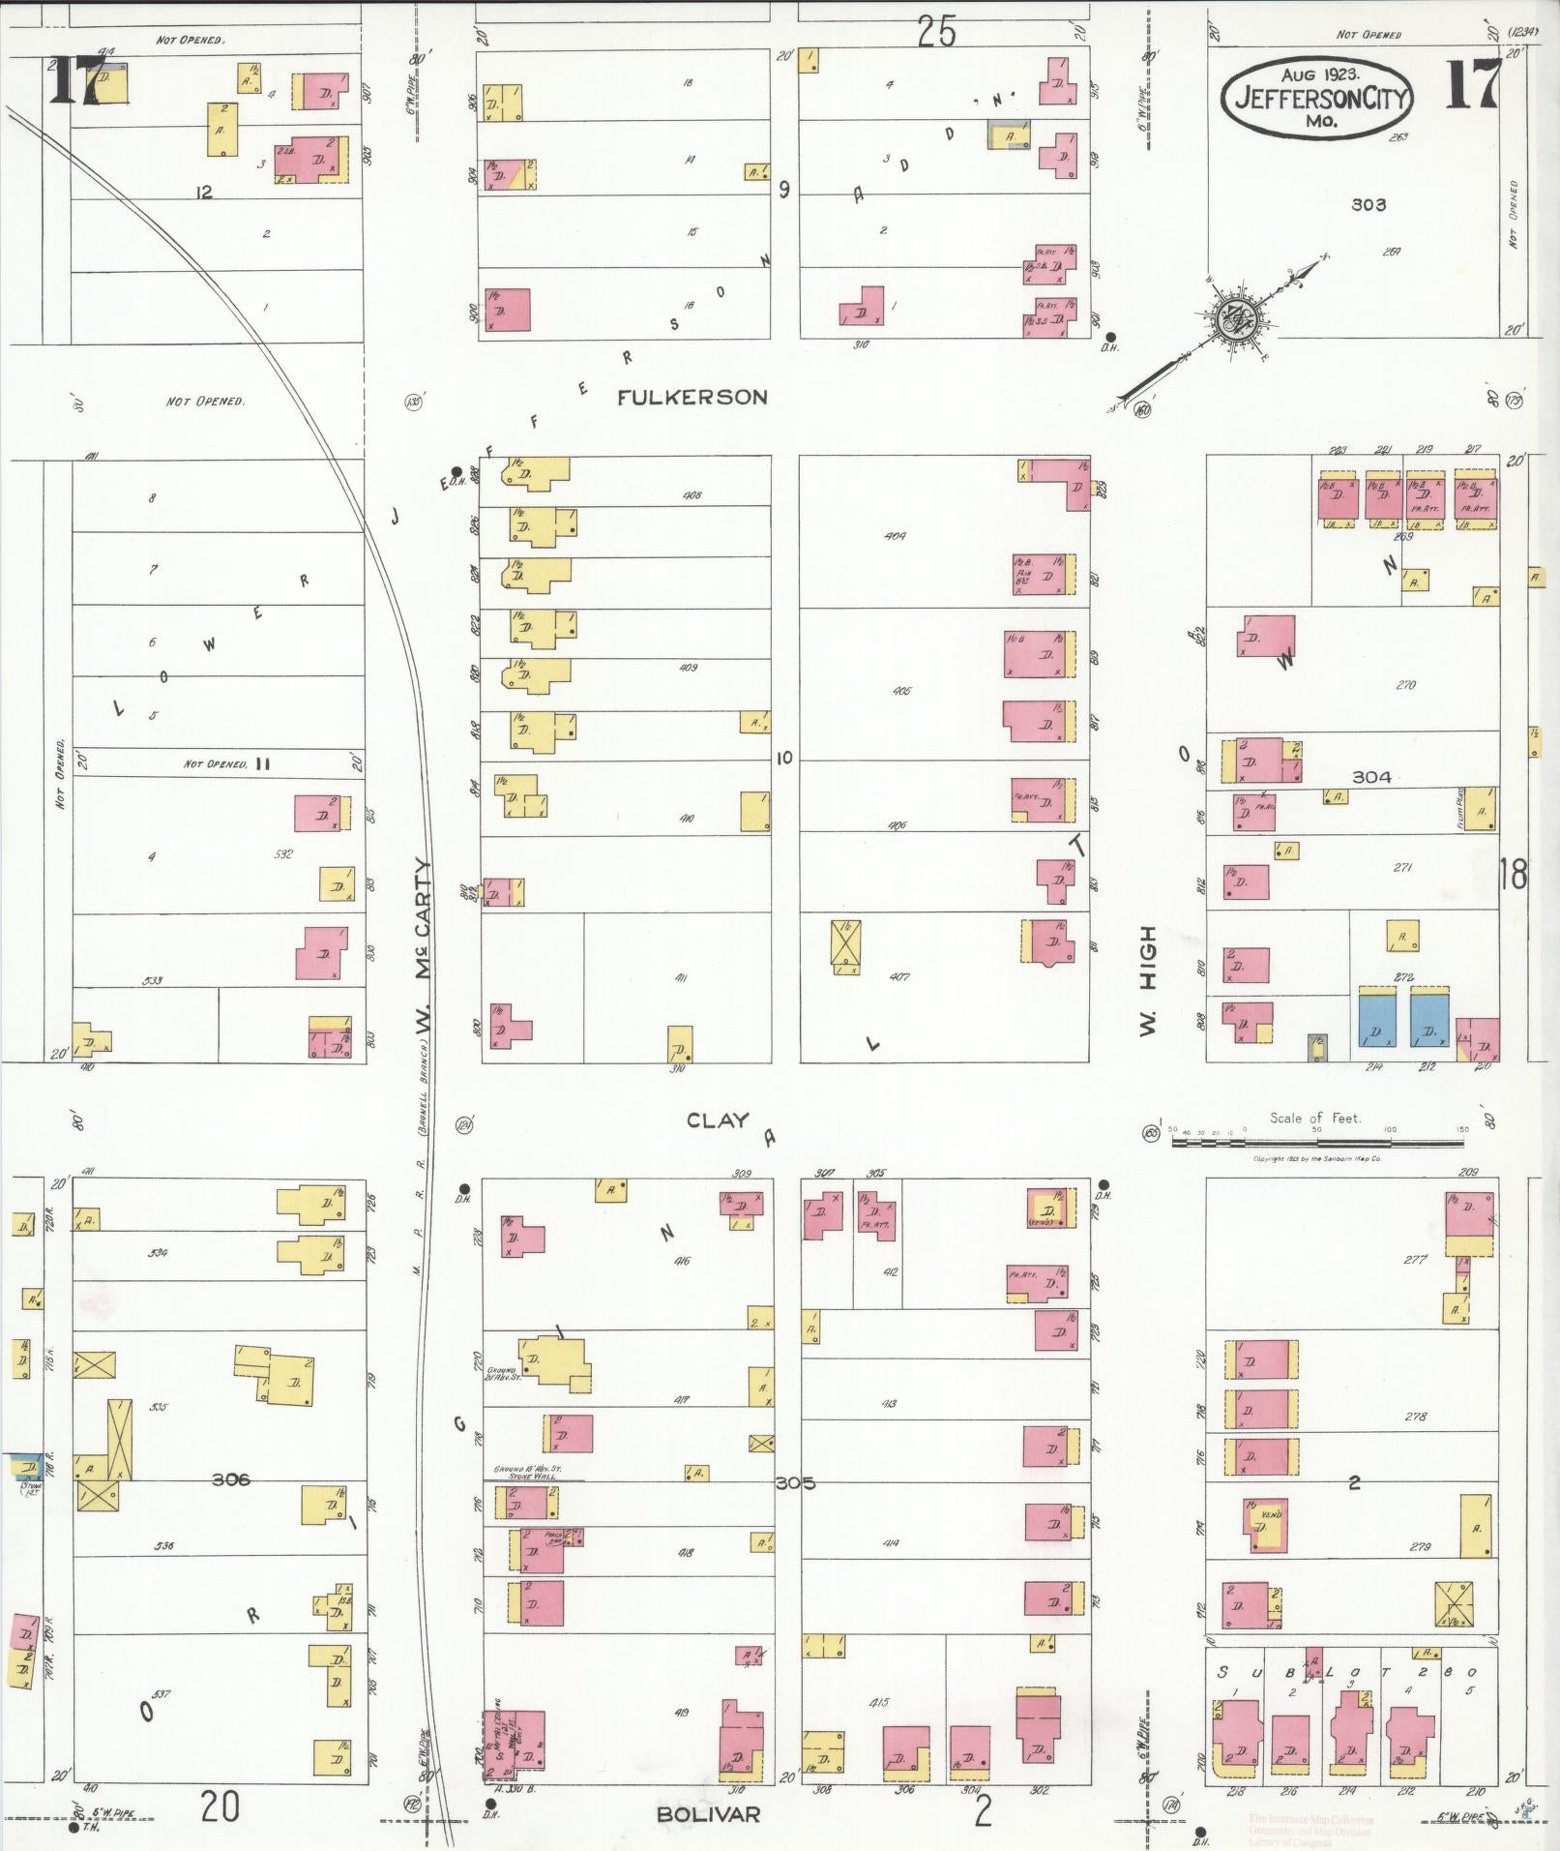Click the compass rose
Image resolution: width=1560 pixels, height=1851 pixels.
click(1234, 315)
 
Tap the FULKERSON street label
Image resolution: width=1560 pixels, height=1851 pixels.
click(692, 397)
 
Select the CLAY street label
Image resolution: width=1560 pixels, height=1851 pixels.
click(717, 1120)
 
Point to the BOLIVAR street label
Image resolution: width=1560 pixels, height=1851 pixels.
click(708, 1813)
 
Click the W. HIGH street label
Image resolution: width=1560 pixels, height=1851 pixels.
click(1148, 980)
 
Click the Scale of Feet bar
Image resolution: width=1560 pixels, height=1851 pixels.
click(1320, 1142)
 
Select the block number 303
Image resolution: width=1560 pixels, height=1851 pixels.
click(1368, 205)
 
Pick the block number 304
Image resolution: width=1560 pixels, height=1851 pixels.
click(1370, 776)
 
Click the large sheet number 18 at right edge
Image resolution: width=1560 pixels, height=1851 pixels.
click(1513, 874)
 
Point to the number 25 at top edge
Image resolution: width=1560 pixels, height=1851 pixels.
click(935, 33)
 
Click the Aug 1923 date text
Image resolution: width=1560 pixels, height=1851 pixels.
click(1320, 74)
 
